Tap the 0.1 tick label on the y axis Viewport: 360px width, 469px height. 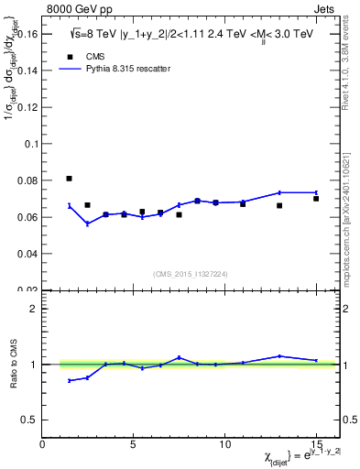30,144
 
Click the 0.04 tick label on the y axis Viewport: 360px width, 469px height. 27,253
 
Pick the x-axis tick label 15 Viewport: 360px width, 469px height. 316,444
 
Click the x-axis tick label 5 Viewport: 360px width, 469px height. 134,444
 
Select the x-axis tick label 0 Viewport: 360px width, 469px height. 42,444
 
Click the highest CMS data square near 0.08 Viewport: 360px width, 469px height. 70,179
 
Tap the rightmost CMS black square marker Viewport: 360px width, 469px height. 316,198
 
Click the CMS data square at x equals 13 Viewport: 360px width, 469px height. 279,205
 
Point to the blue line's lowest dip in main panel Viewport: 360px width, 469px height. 88,224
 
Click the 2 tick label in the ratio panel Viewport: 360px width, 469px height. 35,309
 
